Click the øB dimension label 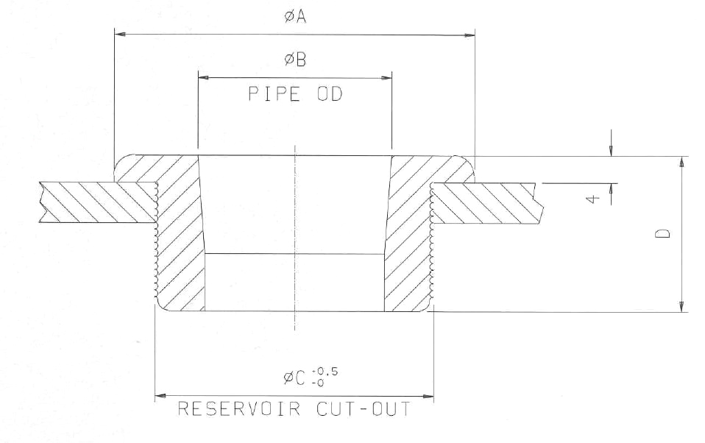coord(294,60)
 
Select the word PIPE coord(270,95)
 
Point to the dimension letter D coord(664,234)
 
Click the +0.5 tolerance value coord(326,372)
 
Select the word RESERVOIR coord(238,409)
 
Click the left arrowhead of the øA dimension coord(118,34)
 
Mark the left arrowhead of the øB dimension coord(203,77)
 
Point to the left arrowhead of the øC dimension coord(160,397)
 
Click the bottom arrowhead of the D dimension coord(683,305)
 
